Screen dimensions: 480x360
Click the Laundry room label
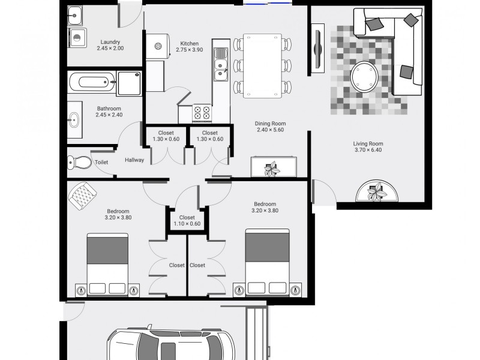tap(110, 42)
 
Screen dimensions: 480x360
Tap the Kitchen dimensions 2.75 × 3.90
tap(190, 50)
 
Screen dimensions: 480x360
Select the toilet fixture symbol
tap(79, 162)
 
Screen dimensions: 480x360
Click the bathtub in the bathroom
tap(92, 82)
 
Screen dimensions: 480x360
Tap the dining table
tap(262, 66)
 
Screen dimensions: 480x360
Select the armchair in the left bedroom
tap(82, 196)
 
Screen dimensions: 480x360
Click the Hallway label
tap(134, 160)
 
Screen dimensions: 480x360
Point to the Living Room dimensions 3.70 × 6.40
tap(368, 149)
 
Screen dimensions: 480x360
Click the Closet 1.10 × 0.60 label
tap(187, 220)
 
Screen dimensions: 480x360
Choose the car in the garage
tap(172, 343)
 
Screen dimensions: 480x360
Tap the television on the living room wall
tap(318, 48)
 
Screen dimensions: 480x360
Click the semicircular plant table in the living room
tap(377, 191)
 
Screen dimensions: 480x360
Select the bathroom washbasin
tap(74, 119)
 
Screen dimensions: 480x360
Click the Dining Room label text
tap(271, 124)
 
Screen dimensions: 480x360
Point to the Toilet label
tap(101, 162)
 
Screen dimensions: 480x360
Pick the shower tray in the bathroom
tap(129, 83)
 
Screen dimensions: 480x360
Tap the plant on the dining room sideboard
tap(272, 169)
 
